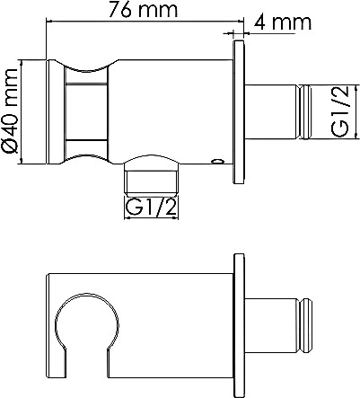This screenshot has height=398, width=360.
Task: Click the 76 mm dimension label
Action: click(143, 9)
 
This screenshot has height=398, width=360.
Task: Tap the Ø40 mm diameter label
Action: click(11, 111)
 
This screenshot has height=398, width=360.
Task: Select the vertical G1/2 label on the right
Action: click(340, 111)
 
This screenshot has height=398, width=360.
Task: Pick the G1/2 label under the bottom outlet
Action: click(151, 207)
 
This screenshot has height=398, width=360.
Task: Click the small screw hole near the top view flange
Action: click(217, 162)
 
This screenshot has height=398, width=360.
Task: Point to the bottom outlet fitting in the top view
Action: click(152, 175)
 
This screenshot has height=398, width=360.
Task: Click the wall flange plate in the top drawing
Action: click(239, 111)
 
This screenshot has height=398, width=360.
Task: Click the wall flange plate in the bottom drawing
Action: click(239, 325)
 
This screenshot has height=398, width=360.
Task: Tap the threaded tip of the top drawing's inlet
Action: click(304, 111)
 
